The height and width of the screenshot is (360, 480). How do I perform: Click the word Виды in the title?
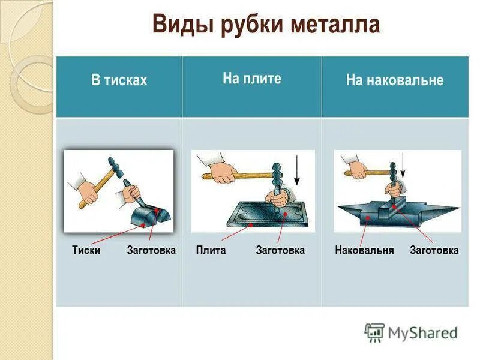(x=178, y=25)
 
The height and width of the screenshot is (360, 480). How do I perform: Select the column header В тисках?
(x=119, y=80)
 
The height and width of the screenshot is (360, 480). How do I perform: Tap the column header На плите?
(x=251, y=79)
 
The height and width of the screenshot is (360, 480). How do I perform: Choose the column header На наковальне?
(x=394, y=80)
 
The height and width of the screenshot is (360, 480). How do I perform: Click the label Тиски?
(x=86, y=250)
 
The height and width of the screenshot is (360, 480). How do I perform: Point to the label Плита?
(x=211, y=250)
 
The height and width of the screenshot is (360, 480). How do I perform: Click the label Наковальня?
(x=364, y=250)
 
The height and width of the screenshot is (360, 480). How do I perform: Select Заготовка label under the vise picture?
(x=151, y=250)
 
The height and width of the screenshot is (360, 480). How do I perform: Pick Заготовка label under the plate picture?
(x=280, y=250)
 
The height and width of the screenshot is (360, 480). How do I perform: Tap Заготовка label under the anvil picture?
(x=434, y=250)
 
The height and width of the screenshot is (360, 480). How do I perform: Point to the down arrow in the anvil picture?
(x=403, y=165)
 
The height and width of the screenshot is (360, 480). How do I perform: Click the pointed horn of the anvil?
(x=447, y=210)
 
